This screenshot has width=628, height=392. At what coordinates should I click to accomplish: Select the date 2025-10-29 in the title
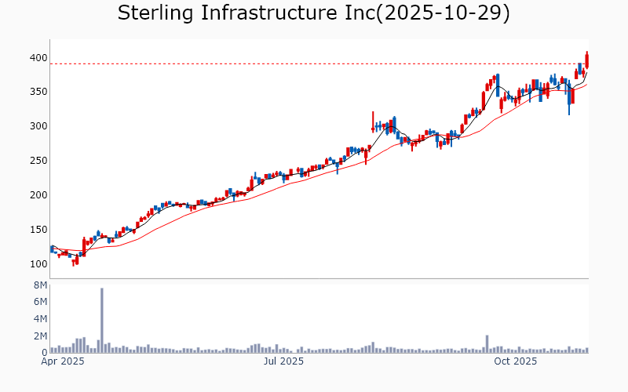click(443, 13)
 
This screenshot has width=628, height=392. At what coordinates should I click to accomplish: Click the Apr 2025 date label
click(62, 361)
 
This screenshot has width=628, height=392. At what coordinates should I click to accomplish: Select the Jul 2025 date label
click(283, 361)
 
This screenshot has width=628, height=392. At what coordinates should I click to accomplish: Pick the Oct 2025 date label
click(515, 361)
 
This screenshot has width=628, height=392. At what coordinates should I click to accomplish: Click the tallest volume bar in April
click(101, 321)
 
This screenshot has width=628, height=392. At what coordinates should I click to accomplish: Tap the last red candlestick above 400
click(586, 60)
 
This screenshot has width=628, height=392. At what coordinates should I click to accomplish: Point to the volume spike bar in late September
click(487, 344)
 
